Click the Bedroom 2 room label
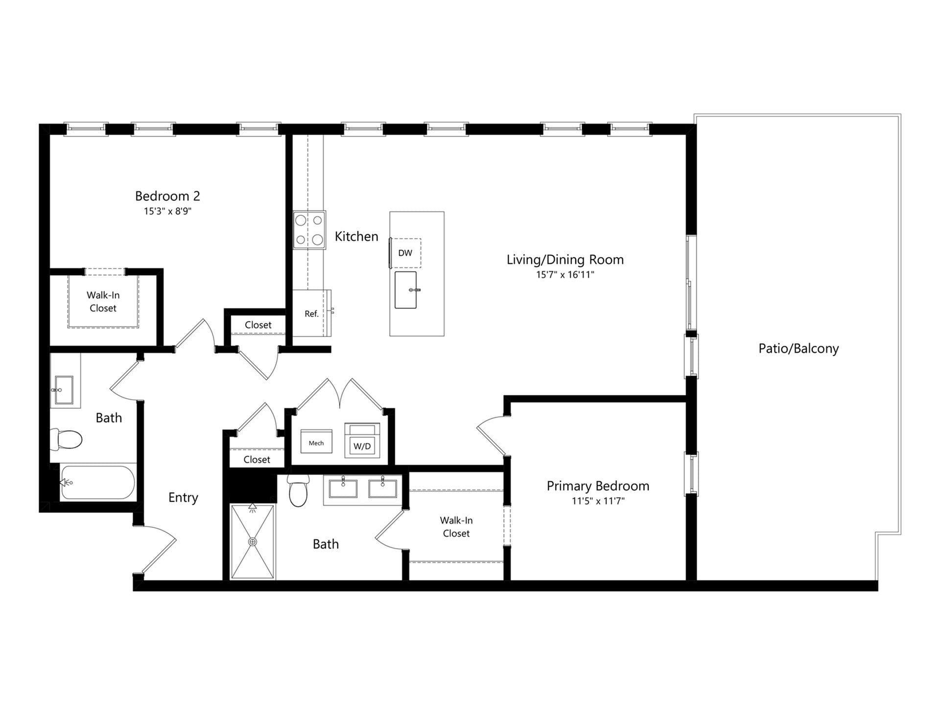[167, 196]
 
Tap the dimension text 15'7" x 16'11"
[565, 275]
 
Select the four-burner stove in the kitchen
[309, 230]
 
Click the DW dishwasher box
[406, 253]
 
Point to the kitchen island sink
[406, 290]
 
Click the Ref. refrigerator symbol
[312, 313]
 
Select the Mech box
[316, 442]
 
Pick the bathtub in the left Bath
[97, 482]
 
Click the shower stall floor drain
[253, 541]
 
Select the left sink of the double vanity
[343, 489]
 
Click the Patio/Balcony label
[799, 349]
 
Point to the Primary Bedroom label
[598, 486]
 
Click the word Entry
[183, 497]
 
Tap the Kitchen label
[356, 236]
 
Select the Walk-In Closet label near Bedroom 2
[103, 302]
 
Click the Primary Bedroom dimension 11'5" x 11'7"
[598, 501]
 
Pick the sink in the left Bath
[64, 390]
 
